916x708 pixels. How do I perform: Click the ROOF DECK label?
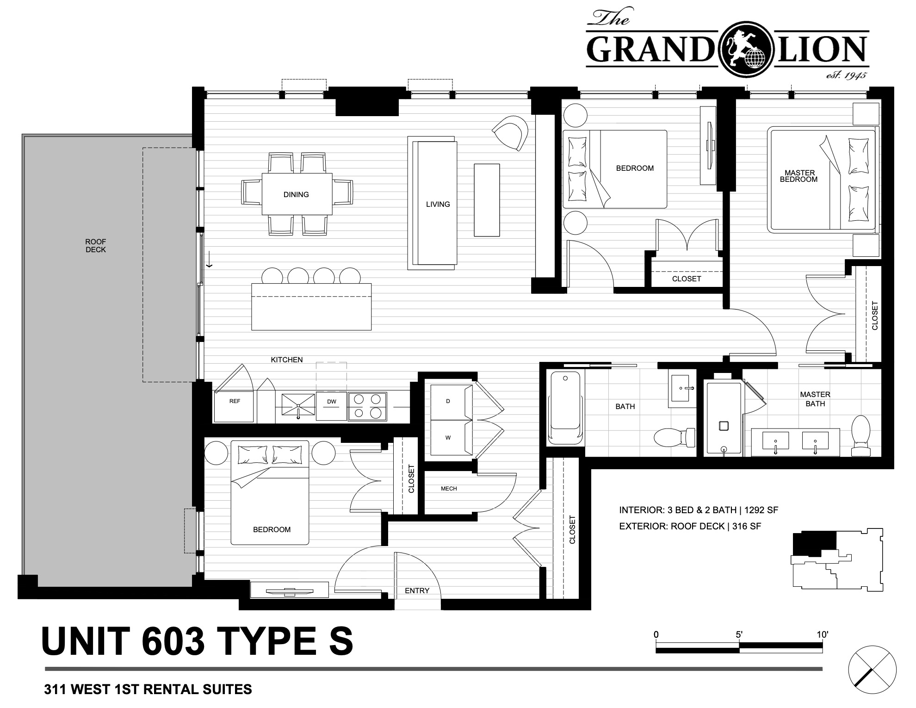pos(96,246)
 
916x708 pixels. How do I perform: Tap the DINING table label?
pos(296,194)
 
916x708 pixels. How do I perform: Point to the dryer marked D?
pos(448,401)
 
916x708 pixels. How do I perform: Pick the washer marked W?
pos(448,437)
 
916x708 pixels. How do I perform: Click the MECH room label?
pos(449,488)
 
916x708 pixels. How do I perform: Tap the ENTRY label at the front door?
pos(417,590)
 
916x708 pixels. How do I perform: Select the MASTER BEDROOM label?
pos(799,176)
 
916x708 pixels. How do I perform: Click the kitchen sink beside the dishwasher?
pos(298,406)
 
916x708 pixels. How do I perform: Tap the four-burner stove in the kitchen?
pos(367,406)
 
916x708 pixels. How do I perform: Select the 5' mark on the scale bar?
pos(739,634)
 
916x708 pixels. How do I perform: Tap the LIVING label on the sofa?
pos(438,204)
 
